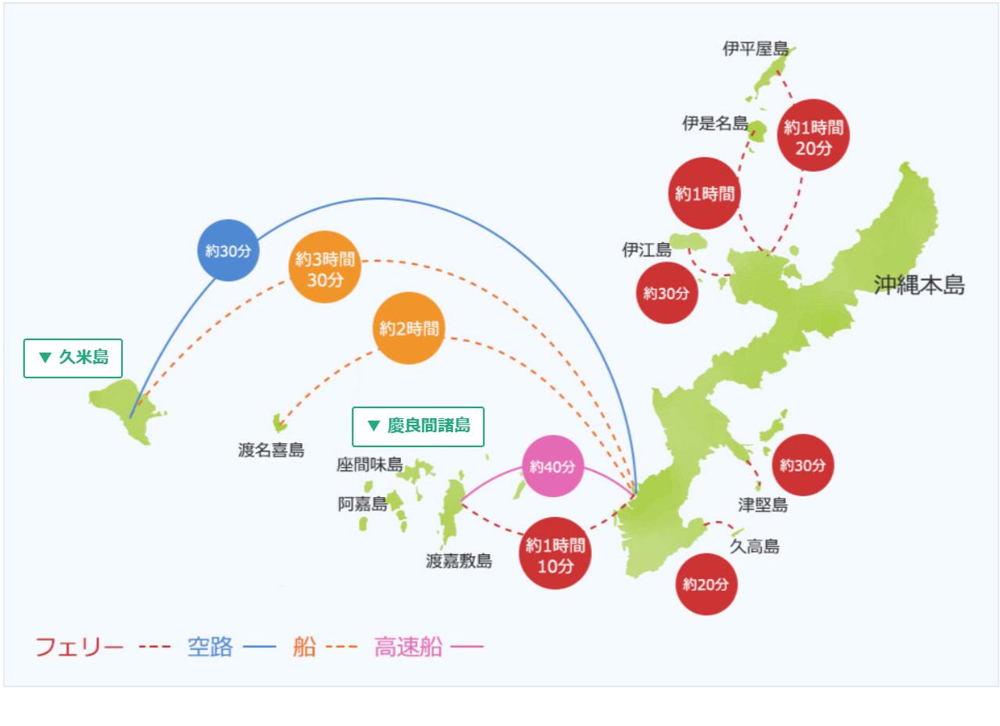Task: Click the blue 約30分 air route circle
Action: [x=228, y=250]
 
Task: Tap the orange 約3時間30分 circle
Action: [x=324, y=267]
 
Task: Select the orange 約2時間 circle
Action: [x=409, y=328]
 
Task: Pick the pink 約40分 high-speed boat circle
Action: [x=552, y=466]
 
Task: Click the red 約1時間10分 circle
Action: [x=555, y=553]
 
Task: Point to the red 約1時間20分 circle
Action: [x=813, y=135]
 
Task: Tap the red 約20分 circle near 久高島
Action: [x=705, y=584]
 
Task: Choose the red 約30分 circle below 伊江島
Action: [x=666, y=292]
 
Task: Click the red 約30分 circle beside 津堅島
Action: [x=802, y=465]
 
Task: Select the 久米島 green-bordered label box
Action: [x=73, y=358]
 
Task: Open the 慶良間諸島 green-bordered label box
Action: [x=418, y=427]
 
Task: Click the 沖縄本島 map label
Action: [x=919, y=285]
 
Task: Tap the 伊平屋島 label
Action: [x=755, y=48]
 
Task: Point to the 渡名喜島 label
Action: [x=271, y=449]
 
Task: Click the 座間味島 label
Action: [x=370, y=465]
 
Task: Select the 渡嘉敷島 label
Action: [x=459, y=561]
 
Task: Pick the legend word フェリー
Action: [x=80, y=646]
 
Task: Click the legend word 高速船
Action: [x=409, y=646]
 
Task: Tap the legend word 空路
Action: [x=210, y=646]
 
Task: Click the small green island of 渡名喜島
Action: [x=280, y=422]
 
